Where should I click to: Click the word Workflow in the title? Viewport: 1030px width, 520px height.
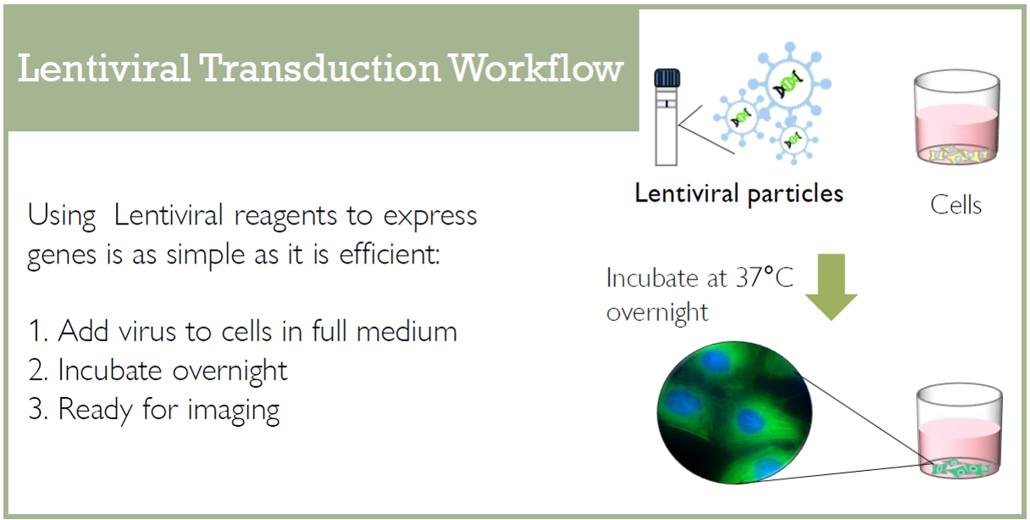[536, 68]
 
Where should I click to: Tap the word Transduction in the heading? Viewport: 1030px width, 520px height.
[319, 68]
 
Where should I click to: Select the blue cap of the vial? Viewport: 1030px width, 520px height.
[667, 78]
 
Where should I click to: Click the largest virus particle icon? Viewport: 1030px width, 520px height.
[789, 83]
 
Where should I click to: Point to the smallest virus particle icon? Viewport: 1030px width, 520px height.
[793, 140]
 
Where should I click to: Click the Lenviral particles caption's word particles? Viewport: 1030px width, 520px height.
[795, 195]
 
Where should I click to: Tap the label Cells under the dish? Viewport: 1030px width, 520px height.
[956, 205]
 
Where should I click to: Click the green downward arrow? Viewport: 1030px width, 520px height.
[831, 287]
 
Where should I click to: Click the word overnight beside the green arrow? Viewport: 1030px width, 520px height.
[657, 313]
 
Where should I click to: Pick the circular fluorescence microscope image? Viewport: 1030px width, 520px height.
[734, 412]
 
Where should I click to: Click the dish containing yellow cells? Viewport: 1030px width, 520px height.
[957, 119]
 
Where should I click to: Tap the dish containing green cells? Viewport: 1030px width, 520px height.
[960, 432]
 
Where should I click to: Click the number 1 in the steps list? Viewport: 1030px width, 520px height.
[36, 330]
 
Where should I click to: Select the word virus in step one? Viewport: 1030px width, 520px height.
[147, 331]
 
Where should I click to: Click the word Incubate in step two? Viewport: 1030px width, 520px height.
[110, 370]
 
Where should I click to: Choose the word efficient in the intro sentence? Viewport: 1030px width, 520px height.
[390, 254]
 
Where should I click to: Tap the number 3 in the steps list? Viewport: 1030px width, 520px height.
[36, 408]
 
